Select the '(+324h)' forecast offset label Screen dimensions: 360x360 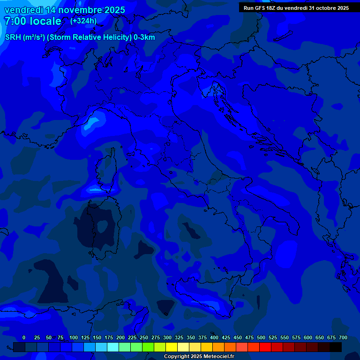[83, 21]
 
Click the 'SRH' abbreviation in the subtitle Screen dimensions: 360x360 [13, 37]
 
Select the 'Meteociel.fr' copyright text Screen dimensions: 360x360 [217, 357]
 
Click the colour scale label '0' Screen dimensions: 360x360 [24, 338]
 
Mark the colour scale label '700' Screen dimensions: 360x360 [343, 338]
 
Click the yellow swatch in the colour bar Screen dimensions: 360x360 [172, 347]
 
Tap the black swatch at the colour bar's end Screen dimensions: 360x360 [336, 347]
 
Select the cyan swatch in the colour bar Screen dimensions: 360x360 [113, 347]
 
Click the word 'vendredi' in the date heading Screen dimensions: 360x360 [23, 10]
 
